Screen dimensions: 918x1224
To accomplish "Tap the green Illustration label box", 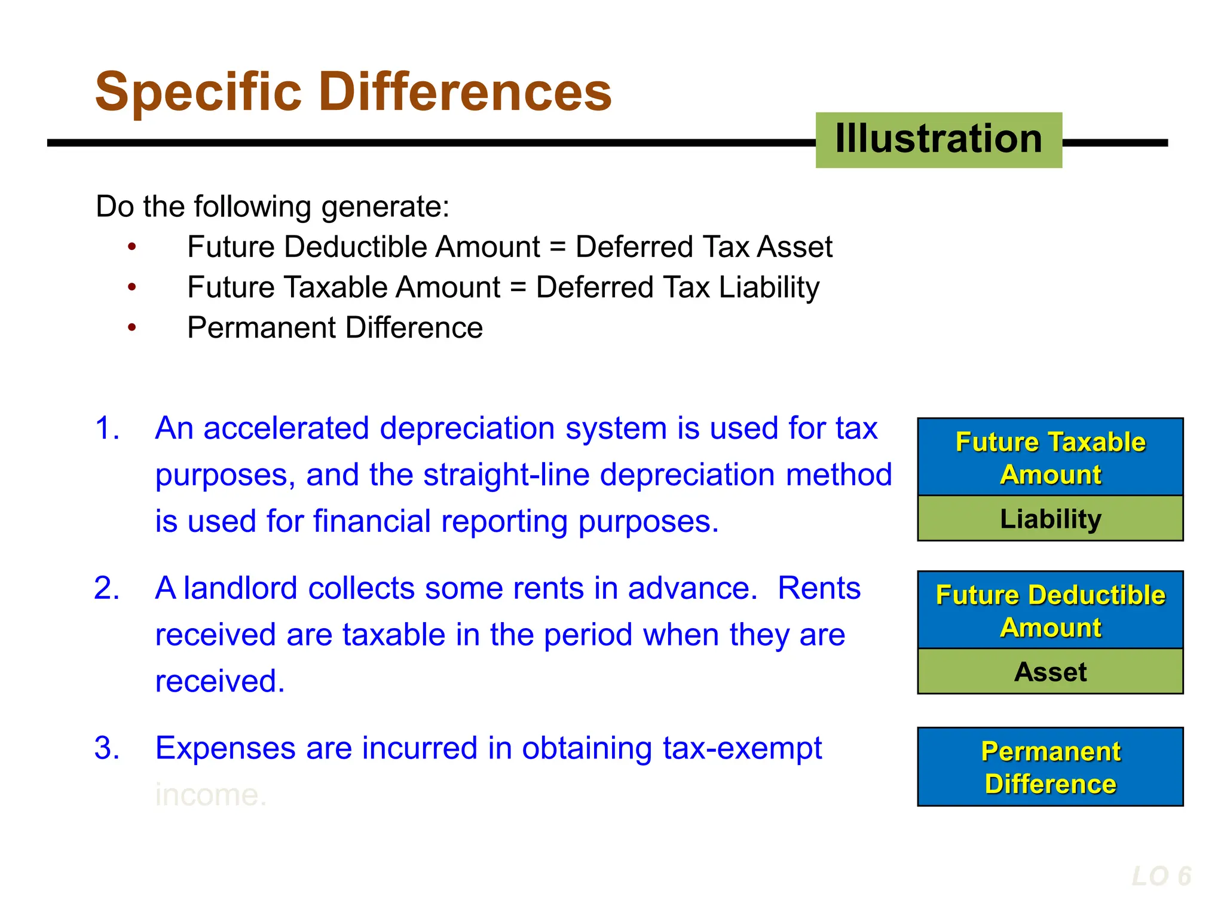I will tap(938, 140).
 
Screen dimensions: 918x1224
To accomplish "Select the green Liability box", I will tap(1050, 519).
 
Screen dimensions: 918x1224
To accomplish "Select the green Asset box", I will tap(1050, 672).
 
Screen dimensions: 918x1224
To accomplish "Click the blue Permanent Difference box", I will tap(1050, 767).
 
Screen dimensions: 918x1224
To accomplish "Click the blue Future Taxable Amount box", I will tap(1050, 457).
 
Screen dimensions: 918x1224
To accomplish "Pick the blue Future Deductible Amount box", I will tap(1050, 610).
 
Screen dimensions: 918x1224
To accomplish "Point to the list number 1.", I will tap(107, 429).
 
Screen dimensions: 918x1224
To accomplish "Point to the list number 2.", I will tap(107, 588).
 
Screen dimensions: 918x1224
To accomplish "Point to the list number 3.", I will tap(107, 748).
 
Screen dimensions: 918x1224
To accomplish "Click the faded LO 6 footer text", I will tap(1161, 877).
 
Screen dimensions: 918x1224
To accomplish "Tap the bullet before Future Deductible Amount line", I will tap(132, 247).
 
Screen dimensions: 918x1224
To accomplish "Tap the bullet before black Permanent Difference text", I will tap(132, 328).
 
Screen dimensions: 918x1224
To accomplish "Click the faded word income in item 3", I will tap(210, 795).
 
